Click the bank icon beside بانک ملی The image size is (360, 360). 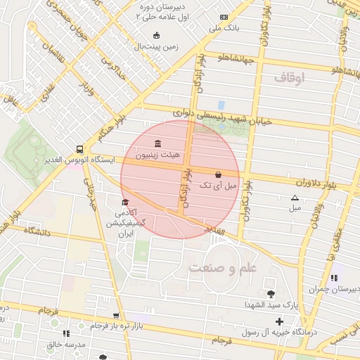[224, 18]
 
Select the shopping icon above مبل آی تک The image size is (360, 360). [217, 174]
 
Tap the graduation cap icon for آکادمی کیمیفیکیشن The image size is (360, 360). [125, 202]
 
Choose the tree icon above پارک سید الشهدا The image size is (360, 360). [271, 294]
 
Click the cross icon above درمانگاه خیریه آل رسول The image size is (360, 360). [279, 321]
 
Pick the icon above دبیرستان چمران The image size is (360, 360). [333, 278]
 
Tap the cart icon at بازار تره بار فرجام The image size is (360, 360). [116, 316]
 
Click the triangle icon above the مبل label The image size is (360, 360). [295, 198]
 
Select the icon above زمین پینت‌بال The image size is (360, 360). [156, 36]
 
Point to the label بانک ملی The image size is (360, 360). [224, 29]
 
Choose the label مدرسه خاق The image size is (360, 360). [66, 345]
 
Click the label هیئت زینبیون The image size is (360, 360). [157, 155]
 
